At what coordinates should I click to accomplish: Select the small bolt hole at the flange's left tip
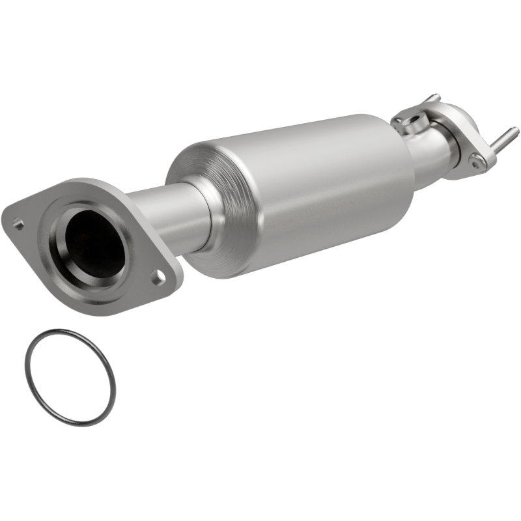[19, 225]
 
